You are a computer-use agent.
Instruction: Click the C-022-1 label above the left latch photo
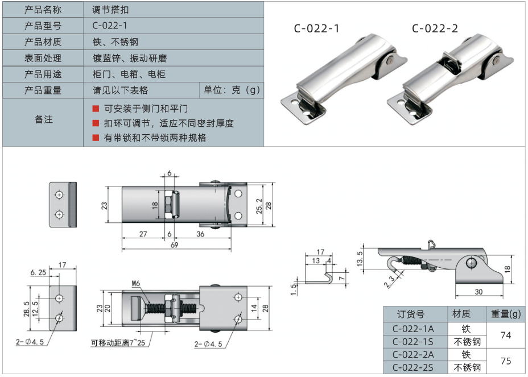(316, 28)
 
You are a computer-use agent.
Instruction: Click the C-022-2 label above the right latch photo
(435, 28)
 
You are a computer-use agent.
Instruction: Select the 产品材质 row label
(43, 42)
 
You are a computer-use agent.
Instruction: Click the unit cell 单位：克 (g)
(232, 90)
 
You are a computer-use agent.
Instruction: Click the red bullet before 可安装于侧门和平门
(96, 109)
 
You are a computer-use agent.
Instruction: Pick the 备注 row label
(43, 119)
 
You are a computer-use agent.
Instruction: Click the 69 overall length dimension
(174, 245)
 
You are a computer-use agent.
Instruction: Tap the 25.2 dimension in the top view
(259, 206)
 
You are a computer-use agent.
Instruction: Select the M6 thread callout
(136, 283)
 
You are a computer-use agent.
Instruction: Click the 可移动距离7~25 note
(118, 343)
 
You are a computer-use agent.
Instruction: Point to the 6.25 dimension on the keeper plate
(38, 272)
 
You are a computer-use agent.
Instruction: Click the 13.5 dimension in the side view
(360, 259)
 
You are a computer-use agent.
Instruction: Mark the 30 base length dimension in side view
(478, 292)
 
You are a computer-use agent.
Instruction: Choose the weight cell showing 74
(506, 335)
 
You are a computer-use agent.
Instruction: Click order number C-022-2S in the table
(413, 367)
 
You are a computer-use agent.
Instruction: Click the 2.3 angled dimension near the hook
(389, 281)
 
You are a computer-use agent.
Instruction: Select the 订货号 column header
(411, 314)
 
